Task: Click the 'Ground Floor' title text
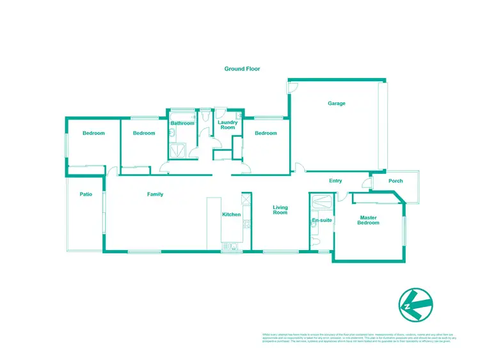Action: (x=242, y=68)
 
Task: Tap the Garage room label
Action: (x=337, y=103)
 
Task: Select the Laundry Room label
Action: (x=227, y=125)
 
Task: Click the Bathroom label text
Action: (x=182, y=123)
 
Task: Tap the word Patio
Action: (x=86, y=194)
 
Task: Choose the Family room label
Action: (x=155, y=194)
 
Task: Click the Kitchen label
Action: (x=230, y=214)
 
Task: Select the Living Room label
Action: (x=280, y=210)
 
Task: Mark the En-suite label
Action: (x=321, y=220)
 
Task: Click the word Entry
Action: (x=335, y=181)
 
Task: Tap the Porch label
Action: (x=396, y=181)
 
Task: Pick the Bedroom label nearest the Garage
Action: (x=266, y=133)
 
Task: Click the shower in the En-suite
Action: (x=321, y=201)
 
